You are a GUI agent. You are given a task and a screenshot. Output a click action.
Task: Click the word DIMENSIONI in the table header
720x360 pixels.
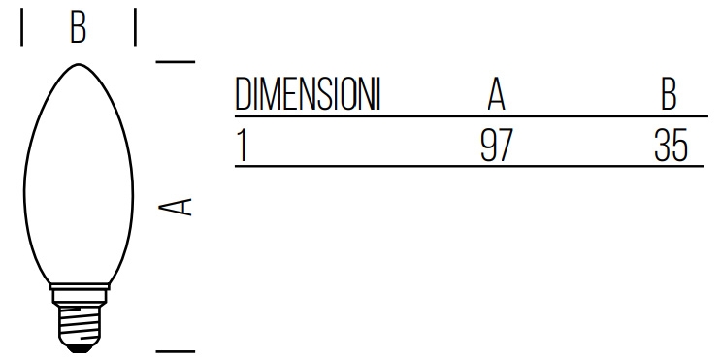(308, 94)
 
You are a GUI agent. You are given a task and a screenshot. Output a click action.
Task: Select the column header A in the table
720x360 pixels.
(496, 94)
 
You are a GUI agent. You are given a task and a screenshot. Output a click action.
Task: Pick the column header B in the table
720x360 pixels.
(669, 94)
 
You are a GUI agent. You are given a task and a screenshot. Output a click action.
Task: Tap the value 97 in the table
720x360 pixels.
(496, 145)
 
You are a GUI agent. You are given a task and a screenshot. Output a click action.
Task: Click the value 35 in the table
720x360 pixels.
(671, 145)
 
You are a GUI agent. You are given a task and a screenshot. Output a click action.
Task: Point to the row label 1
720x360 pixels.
(242, 145)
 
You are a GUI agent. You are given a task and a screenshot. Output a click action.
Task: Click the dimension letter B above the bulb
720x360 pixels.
(78, 27)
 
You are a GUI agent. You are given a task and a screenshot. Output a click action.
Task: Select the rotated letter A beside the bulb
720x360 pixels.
(175, 207)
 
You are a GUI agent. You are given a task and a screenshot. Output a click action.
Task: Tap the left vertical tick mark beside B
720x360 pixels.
(21, 27)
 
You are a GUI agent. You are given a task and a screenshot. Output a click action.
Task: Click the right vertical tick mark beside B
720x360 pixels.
(135, 27)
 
